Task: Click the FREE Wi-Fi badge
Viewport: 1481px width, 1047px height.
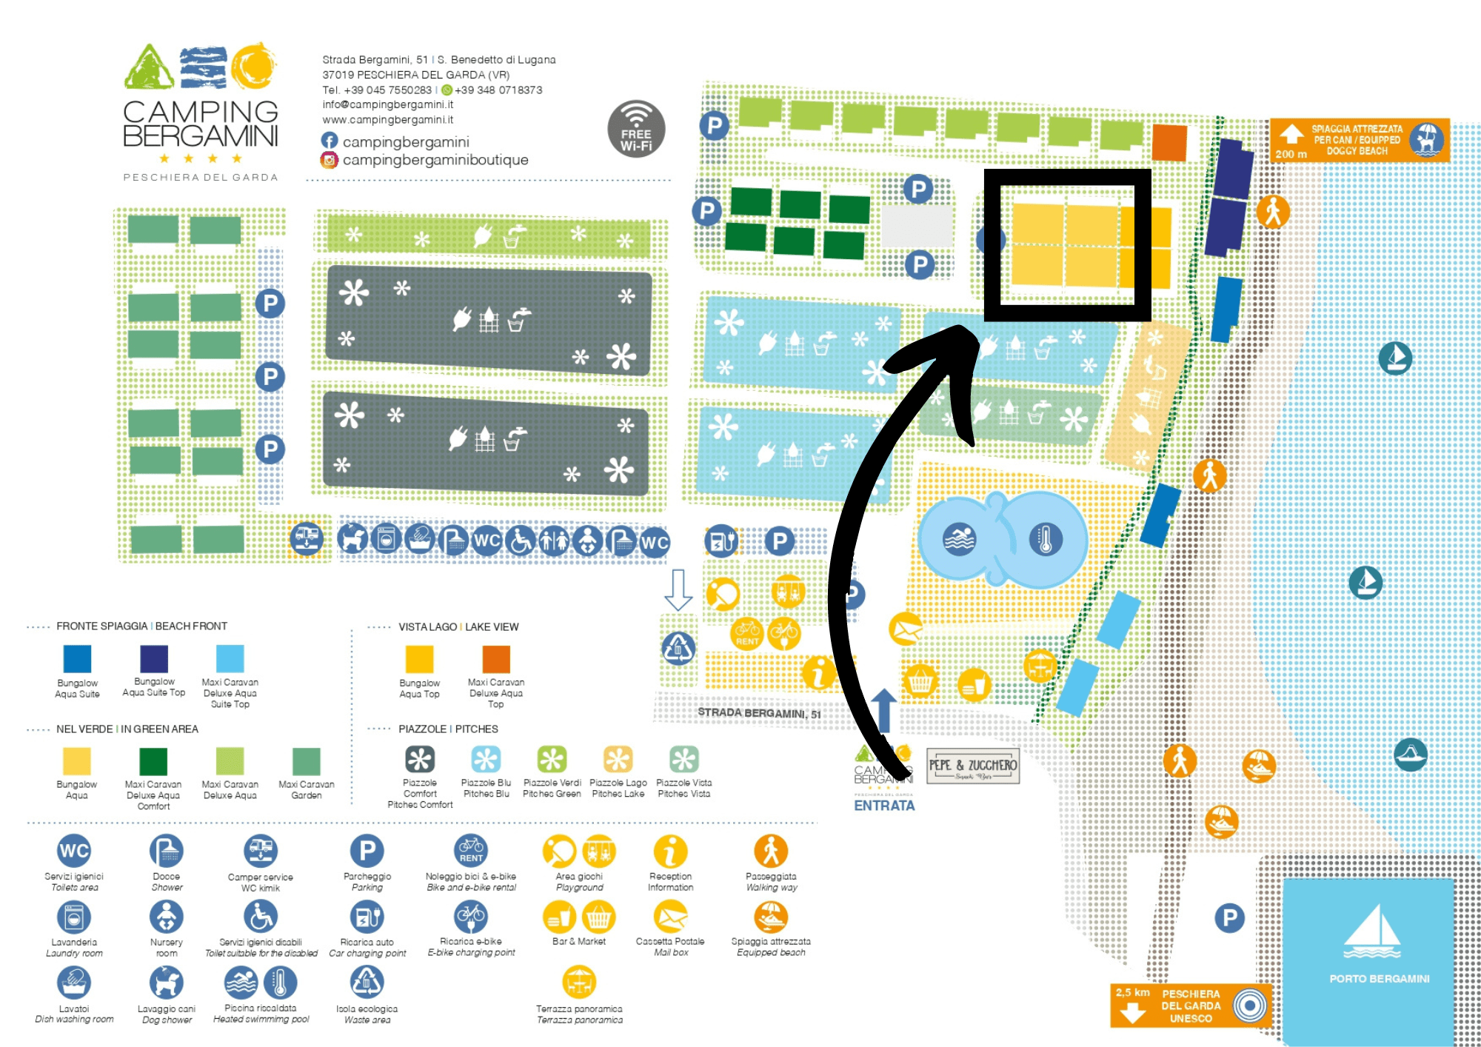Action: tap(636, 129)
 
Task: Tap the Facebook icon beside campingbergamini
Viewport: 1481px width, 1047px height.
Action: tap(330, 141)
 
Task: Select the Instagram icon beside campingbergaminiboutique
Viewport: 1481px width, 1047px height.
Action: tap(330, 160)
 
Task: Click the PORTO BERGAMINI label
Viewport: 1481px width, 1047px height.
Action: tap(1379, 978)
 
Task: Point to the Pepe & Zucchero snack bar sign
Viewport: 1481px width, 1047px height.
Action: tap(973, 766)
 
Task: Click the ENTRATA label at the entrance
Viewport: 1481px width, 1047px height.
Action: tap(884, 806)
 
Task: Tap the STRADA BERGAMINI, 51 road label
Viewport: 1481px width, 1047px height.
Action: tap(759, 713)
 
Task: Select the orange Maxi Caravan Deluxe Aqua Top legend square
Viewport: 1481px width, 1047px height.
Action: tap(496, 659)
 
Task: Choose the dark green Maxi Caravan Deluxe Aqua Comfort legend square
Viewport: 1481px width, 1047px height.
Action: tap(153, 761)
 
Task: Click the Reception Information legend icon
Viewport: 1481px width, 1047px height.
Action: tap(670, 852)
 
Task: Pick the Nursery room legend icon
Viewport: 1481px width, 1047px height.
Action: tap(167, 917)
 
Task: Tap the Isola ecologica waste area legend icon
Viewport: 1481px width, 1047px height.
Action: tap(367, 983)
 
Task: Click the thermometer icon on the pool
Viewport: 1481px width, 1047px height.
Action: tap(1046, 539)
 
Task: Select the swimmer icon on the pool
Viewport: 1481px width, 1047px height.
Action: tap(960, 539)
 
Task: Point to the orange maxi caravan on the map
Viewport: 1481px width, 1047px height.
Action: tap(1170, 142)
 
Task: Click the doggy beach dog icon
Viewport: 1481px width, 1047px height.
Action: tap(1426, 139)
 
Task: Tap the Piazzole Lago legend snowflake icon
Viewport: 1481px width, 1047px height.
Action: tap(618, 759)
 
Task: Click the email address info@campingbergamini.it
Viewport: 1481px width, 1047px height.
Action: tap(387, 104)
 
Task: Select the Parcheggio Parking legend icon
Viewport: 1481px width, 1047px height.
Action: tap(367, 851)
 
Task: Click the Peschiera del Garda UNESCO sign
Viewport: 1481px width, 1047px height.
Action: tap(1191, 1006)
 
